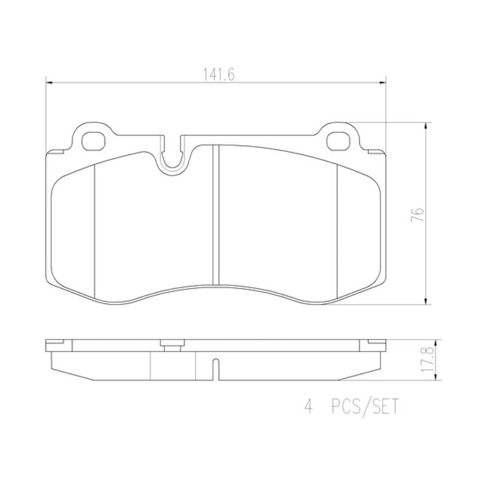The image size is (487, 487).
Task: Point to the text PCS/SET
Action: coord(364,408)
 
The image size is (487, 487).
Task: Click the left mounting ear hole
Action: coord(94,140)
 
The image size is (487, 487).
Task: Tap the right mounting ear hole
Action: coord(338,141)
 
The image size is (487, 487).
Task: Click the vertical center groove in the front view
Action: coord(217,214)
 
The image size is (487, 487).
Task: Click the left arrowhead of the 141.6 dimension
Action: coord(48,82)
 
